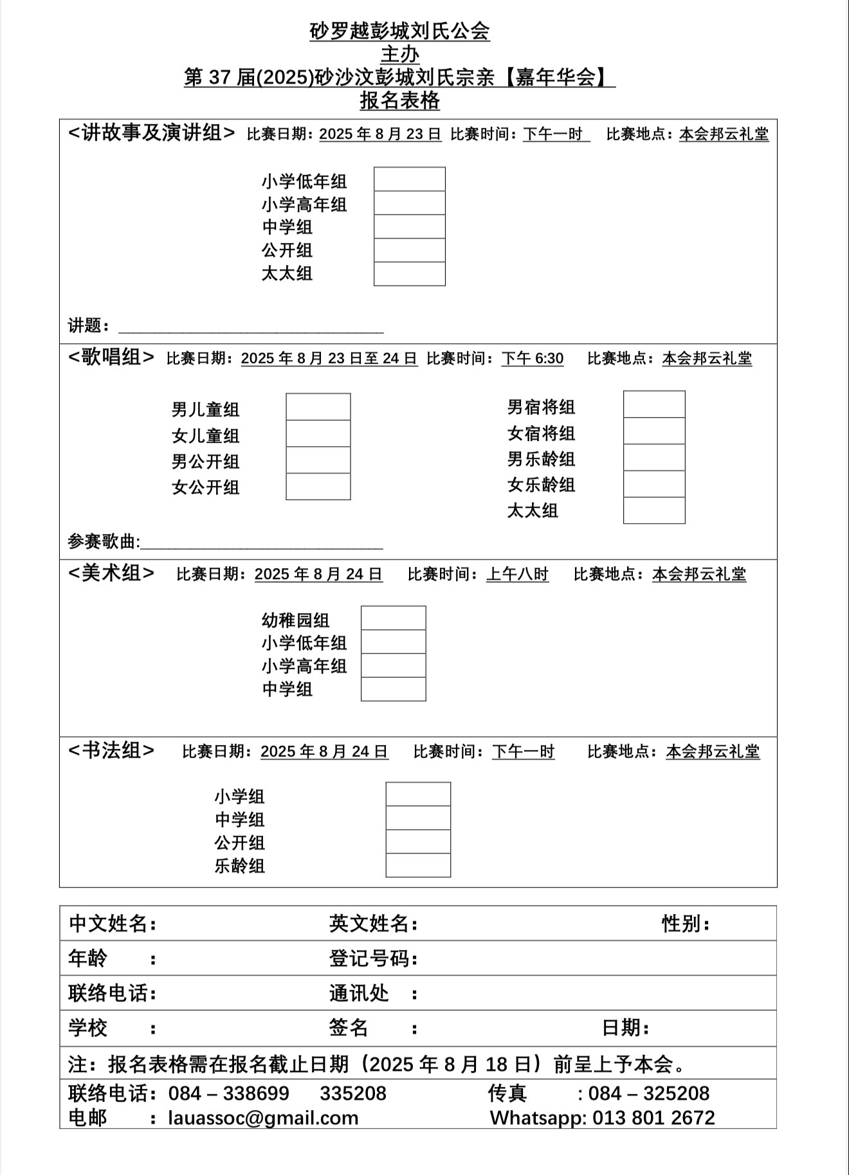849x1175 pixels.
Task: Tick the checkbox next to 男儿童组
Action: pos(318,407)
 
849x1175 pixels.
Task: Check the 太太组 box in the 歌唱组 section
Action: pos(654,510)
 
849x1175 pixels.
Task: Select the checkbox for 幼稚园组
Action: pos(393,618)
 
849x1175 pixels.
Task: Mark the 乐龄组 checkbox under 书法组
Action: pos(418,865)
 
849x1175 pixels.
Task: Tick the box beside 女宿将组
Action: pos(654,431)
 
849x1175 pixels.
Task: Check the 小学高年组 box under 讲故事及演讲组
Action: pos(409,203)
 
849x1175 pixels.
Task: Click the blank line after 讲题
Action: pos(251,328)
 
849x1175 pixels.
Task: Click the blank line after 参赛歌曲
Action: pos(261,544)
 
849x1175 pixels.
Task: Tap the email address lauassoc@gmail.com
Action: pos(263,1118)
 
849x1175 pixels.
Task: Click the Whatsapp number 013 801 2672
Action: pos(653,1118)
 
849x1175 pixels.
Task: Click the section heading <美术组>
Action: pos(111,573)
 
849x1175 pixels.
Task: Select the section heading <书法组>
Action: pos(111,750)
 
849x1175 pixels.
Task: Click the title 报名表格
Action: pos(399,101)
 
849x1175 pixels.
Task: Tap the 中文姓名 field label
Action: pos(109,924)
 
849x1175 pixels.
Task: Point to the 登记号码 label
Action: pos(369,958)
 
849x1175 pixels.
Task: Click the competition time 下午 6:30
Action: pos(533,358)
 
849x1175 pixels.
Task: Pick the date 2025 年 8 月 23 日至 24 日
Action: pos(329,358)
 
